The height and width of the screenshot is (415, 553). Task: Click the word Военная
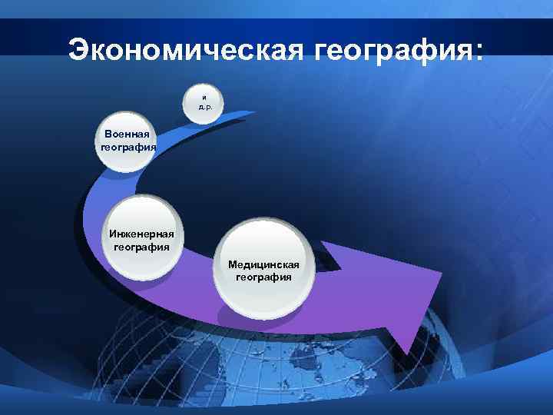click(x=127, y=134)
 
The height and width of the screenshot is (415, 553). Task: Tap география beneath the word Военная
click(x=128, y=147)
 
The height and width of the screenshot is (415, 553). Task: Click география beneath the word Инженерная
click(x=142, y=247)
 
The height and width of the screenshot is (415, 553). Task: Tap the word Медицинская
click(x=263, y=264)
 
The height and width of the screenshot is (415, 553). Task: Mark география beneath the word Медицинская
click(x=263, y=277)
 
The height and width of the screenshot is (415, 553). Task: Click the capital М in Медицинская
click(x=232, y=264)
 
